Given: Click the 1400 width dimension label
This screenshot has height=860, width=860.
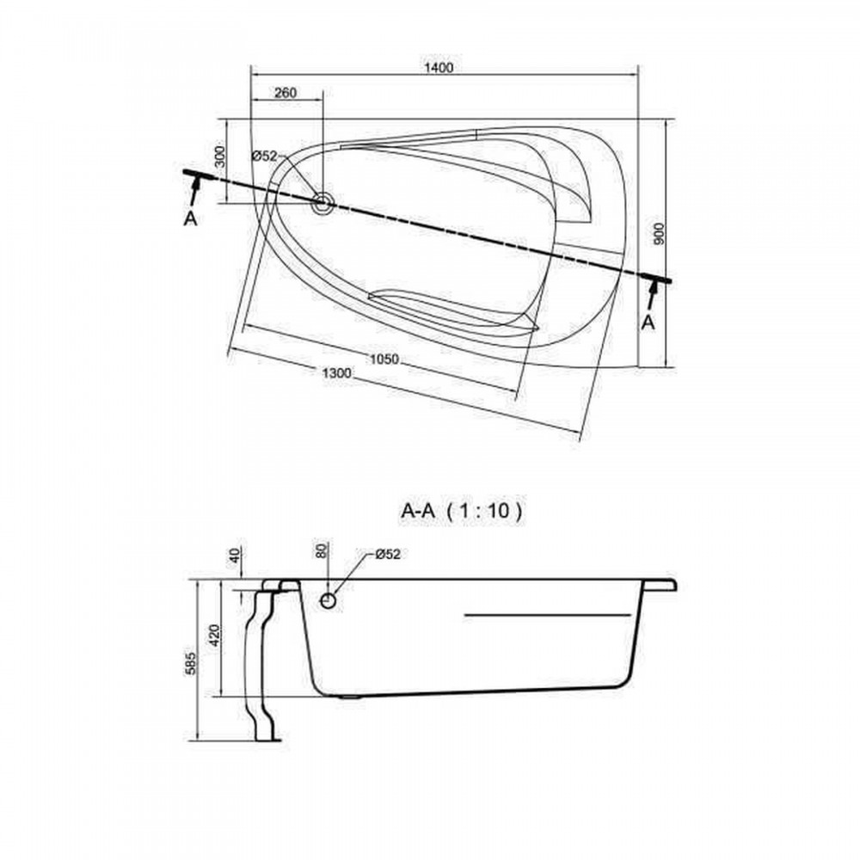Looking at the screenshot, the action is tap(439, 67).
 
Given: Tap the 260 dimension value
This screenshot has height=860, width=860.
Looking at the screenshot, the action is tap(286, 93).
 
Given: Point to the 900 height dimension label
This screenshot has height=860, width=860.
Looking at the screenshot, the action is tap(659, 234).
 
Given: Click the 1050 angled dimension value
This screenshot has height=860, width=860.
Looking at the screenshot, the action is tap(384, 359).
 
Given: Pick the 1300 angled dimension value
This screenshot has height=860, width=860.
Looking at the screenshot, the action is tap(336, 373).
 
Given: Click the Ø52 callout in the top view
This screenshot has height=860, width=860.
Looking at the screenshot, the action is tap(265, 157).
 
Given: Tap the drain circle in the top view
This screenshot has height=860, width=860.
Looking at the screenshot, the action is tap(322, 203).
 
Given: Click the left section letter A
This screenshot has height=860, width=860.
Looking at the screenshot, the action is tap(190, 218).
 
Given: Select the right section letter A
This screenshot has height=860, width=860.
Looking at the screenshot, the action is tap(648, 323).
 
